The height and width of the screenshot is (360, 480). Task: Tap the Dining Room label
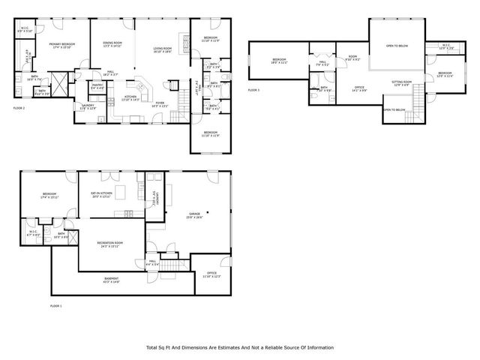pyautogui.click(x=113, y=44)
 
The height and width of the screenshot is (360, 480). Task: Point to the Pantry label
pyautogui.click(x=97, y=86)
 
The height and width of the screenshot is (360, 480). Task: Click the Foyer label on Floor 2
pyautogui.click(x=160, y=104)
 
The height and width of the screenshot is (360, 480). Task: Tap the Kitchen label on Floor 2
pyautogui.click(x=130, y=97)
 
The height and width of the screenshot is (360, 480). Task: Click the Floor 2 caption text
pyautogui.click(x=19, y=109)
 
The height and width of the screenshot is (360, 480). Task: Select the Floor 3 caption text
pyautogui.click(x=253, y=90)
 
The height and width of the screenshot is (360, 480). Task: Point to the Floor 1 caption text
pyautogui.click(x=55, y=306)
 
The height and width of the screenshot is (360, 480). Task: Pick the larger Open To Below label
pyautogui.click(x=396, y=46)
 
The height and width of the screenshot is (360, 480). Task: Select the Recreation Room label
pyautogui.click(x=110, y=244)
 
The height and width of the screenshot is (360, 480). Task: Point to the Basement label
pyautogui.click(x=110, y=279)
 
